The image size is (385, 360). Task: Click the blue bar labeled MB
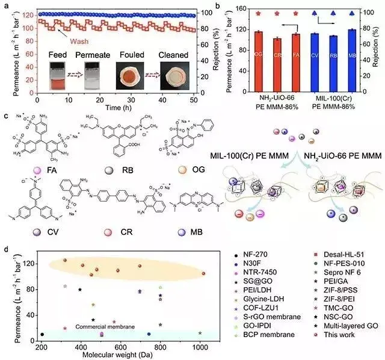[x=352, y=54]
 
